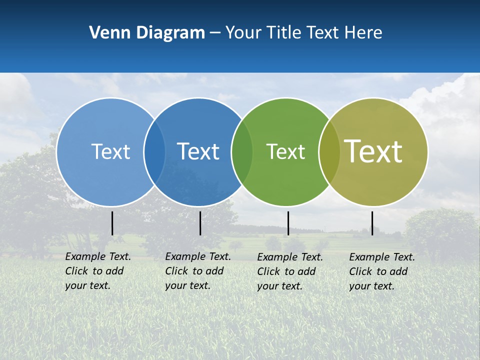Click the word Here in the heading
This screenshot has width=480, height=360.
[363, 33]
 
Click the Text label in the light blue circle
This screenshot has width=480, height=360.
[110, 151]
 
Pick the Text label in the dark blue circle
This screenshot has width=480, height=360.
[198, 151]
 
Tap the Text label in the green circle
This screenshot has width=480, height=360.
[285, 151]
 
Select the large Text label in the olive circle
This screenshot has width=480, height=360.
[373, 151]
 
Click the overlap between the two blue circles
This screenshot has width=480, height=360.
[154, 151]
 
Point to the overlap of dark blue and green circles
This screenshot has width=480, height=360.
[242, 151]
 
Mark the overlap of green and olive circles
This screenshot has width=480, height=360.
[329, 151]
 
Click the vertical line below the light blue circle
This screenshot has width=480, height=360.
[112, 223]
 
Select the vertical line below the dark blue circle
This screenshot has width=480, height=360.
[200, 223]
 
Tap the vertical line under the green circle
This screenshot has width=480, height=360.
[288, 223]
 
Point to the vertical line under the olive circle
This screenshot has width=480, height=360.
[372, 223]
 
